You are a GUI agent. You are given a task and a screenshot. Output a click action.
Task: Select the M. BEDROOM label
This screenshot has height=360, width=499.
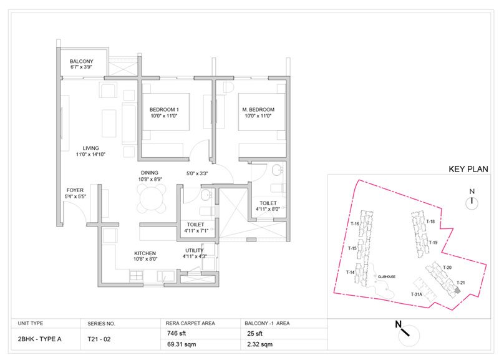click(x=258, y=110)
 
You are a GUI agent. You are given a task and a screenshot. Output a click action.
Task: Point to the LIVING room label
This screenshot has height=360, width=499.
click(x=91, y=148)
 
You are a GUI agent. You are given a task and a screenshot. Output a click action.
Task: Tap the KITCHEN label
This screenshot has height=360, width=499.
click(x=145, y=253)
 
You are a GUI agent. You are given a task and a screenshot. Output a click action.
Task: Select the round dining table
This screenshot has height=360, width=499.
click(x=151, y=199)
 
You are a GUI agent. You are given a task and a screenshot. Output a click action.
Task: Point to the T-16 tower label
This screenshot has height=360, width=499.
click(x=354, y=223)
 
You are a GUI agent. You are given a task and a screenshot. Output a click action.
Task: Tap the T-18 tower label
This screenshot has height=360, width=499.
click(x=430, y=221)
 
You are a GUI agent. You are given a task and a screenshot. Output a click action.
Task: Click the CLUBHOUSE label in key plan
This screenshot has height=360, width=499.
click(x=386, y=276)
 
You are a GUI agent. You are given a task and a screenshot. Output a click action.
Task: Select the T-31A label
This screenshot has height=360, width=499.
click(x=417, y=294)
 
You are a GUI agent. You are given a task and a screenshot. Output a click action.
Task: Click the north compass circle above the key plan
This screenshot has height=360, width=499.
click(x=472, y=202)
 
